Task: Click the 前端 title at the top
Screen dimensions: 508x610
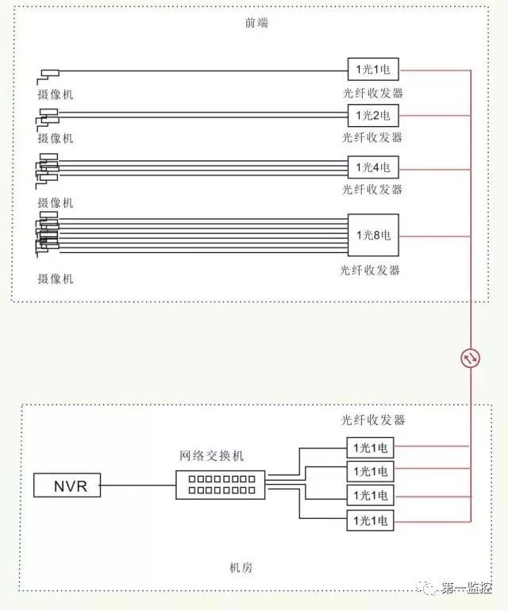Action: [x=256, y=22]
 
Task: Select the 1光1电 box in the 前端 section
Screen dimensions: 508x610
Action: [x=373, y=70]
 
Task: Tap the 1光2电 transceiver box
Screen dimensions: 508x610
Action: [x=373, y=115]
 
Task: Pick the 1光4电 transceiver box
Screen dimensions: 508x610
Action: [x=373, y=167]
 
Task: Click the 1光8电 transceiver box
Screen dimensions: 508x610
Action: [x=373, y=235]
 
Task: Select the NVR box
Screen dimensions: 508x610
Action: [x=67, y=485]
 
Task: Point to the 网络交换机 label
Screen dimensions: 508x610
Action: [x=211, y=455]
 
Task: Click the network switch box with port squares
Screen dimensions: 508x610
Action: [x=221, y=485]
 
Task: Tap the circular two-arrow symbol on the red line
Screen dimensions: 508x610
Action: [x=470, y=359]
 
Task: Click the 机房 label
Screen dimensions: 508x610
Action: [x=241, y=568]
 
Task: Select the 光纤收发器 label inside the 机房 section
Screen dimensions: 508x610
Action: [x=372, y=420]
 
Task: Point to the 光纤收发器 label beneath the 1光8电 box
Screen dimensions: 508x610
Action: [x=369, y=270]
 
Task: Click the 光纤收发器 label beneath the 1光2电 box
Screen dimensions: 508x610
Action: [x=371, y=137]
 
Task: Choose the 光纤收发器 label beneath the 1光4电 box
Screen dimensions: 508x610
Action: [x=371, y=190]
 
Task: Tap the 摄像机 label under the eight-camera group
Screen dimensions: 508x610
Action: [x=56, y=278]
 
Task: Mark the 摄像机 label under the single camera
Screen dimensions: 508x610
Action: [x=56, y=94]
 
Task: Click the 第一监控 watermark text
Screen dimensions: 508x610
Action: [x=466, y=588]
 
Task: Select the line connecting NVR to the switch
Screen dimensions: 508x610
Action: [x=138, y=485]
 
